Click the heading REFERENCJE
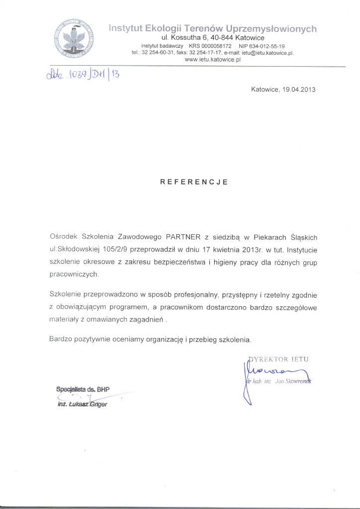(x=193, y=182)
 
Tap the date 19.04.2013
(x=298, y=90)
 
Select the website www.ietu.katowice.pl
(x=212, y=59)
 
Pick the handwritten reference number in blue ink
(x=83, y=76)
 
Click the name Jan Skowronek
(x=295, y=381)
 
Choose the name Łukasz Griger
(x=90, y=404)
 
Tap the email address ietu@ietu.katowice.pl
(x=268, y=52)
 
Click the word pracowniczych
(x=74, y=274)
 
